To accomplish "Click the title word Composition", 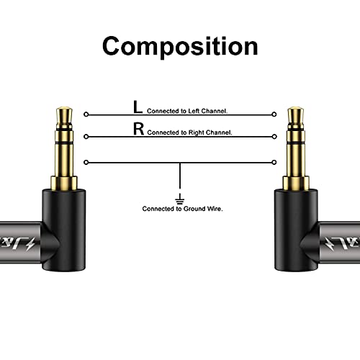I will (x=179, y=45).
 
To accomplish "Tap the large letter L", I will (x=138, y=107).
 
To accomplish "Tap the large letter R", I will (x=138, y=130).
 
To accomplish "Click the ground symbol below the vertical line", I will (x=180, y=197).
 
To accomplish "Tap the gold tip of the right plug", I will (x=296, y=113).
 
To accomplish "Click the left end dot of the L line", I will (x=86, y=114).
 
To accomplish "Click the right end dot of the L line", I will (x=274, y=114).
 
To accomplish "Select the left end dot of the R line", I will (x=86, y=136).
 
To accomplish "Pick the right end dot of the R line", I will (x=274, y=136).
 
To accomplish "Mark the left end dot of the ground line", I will (x=86, y=162).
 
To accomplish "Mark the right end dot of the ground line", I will (x=274, y=162).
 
